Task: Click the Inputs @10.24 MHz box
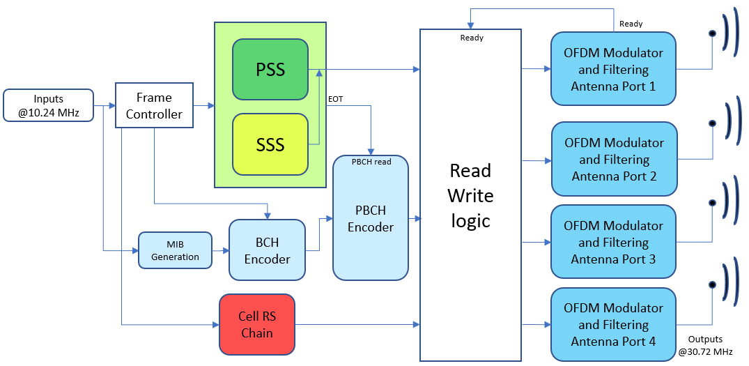(x=48, y=106)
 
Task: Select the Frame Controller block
(x=154, y=106)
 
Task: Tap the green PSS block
(x=270, y=70)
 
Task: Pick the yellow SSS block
(x=270, y=144)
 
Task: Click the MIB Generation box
(x=175, y=250)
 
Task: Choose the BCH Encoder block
(x=267, y=250)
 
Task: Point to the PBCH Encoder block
(x=371, y=218)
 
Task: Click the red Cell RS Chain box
(x=257, y=324)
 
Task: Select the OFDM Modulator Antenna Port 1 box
(x=613, y=69)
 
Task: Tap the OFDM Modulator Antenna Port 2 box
(x=614, y=159)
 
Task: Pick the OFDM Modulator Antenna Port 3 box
(x=613, y=242)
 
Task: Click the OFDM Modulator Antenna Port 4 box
(x=613, y=324)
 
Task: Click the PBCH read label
(x=371, y=162)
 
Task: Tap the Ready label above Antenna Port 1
(x=631, y=24)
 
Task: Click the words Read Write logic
(x=470, y=195)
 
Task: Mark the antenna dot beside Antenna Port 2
(x=712, y=123)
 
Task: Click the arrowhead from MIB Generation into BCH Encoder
(x=226, y=250)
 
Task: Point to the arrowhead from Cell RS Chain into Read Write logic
(x=416, y=324)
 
